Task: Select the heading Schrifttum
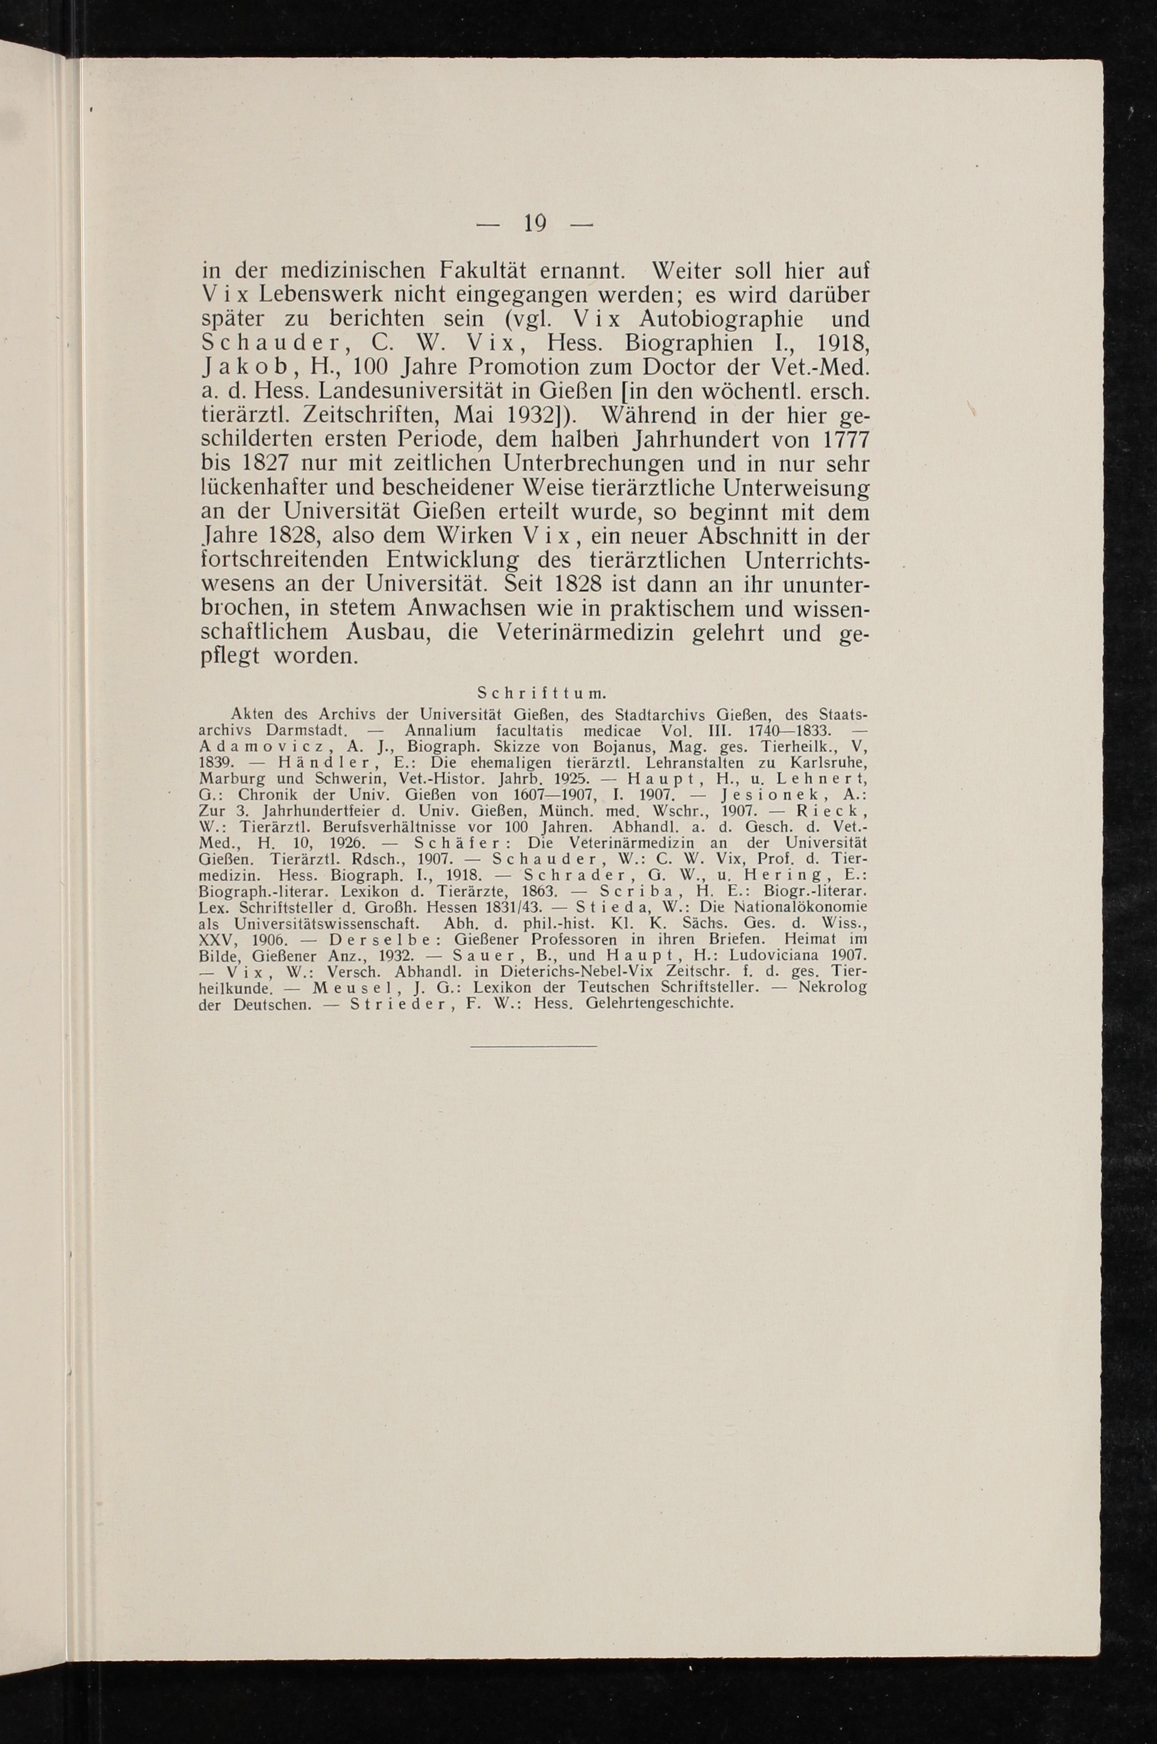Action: [x=542, y=693]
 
